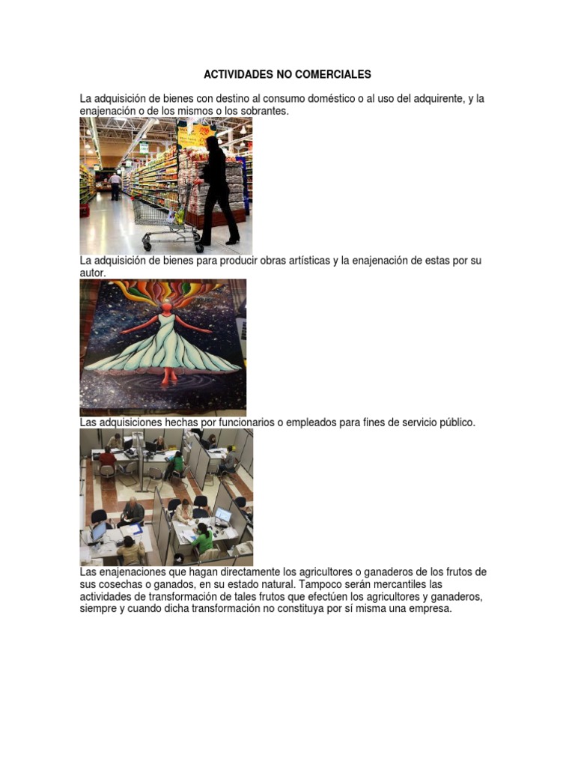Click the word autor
93,273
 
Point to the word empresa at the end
428,609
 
